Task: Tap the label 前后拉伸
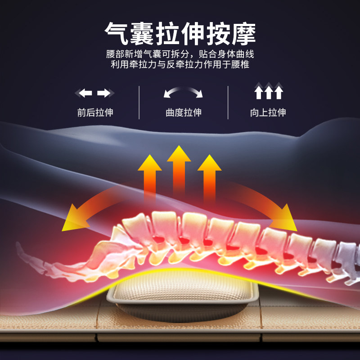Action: point(95,112)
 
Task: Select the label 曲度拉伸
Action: point(183,112)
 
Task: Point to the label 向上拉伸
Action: point(268,112)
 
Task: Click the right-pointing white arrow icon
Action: point(105,93)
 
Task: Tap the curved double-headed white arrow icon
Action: point(183,92)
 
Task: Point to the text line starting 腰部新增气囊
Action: point(180,54)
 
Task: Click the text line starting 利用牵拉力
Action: point(180,64)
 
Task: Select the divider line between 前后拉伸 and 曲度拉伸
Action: point(139,102)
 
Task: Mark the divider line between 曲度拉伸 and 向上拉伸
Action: point(228,102)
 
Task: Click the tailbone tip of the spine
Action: point(19,246)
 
